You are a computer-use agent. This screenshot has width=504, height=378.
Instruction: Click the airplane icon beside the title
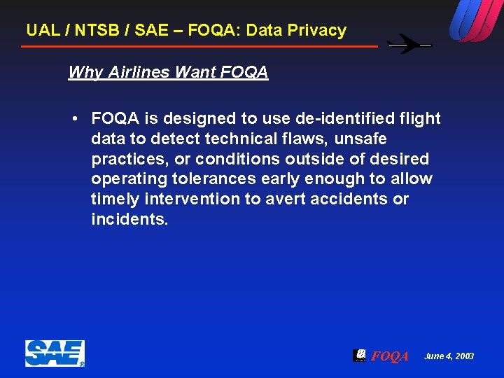point(409,45)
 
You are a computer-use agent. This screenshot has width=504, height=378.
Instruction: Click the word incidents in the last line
point(129,219)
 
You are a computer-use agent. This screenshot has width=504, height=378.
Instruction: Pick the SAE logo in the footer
point(55,353)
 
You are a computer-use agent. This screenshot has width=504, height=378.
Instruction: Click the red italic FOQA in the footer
point(390,356)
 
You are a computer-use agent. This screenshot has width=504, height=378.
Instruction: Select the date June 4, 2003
point(449,356)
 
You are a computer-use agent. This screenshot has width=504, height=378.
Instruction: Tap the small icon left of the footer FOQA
point(359,355)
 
